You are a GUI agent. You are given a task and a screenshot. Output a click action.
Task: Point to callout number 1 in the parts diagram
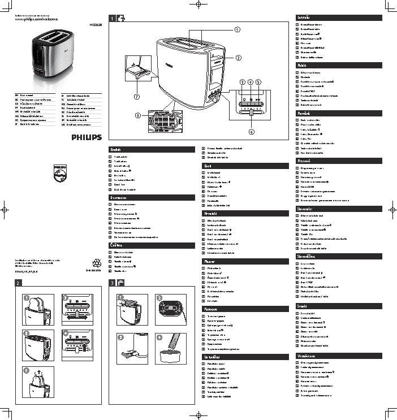coord(237,29)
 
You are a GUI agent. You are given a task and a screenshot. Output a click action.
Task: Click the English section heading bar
coord(150,149)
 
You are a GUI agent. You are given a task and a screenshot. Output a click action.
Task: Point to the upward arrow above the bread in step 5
coord(35,374)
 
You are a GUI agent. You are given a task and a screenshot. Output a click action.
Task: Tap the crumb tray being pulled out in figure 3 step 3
coord(127,354)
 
